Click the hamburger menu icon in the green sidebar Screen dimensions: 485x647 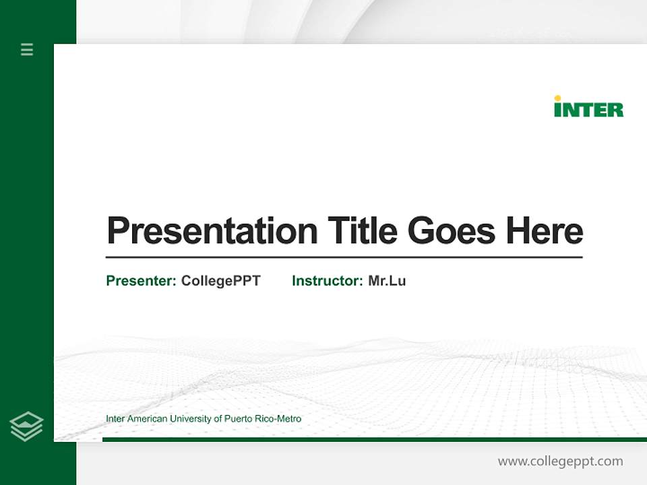tap(27, 49)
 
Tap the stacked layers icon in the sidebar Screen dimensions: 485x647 tap(26, 426)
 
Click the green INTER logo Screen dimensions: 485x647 tap(588, 108)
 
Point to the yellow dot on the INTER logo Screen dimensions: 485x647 tap(557, 98)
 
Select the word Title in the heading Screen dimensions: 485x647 tap(363, 231)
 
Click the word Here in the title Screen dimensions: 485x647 tap(545, 231)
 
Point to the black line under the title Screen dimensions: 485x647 tap(344, 257)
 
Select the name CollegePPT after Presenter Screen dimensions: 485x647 tap(220, 281)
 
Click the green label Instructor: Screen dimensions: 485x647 tap(328, 281)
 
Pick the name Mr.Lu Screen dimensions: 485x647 tap(387, 281)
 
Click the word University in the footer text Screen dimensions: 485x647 tap(191, 419)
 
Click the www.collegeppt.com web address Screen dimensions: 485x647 tap(560, 461)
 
